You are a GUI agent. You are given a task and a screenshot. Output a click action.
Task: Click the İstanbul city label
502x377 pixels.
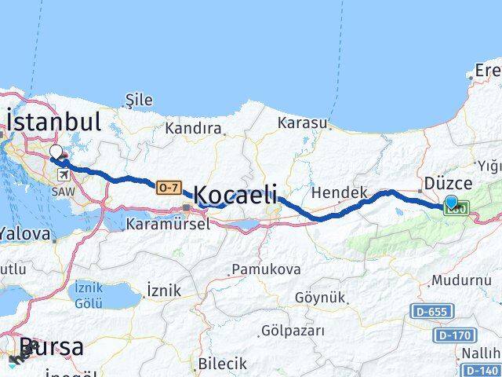coord(53,122)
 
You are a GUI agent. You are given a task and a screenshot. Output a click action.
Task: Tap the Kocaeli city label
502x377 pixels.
coord(235,195)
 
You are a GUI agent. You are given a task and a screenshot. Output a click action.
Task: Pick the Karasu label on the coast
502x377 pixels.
coord(302,123)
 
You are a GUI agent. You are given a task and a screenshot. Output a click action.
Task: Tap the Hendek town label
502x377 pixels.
coord(340,192)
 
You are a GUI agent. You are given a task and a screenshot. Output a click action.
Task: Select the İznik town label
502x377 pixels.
coord(164,291)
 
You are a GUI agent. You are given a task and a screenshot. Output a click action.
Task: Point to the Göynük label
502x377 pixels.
coord(320,297)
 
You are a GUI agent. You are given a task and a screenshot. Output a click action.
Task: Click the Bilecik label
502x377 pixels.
coord(223,364)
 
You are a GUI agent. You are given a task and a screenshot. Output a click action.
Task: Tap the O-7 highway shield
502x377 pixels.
coord(168,187)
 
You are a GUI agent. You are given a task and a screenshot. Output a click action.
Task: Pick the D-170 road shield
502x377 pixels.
coord(453,335)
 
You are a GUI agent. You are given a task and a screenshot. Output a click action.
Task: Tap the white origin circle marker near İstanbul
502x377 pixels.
coord(56,152)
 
